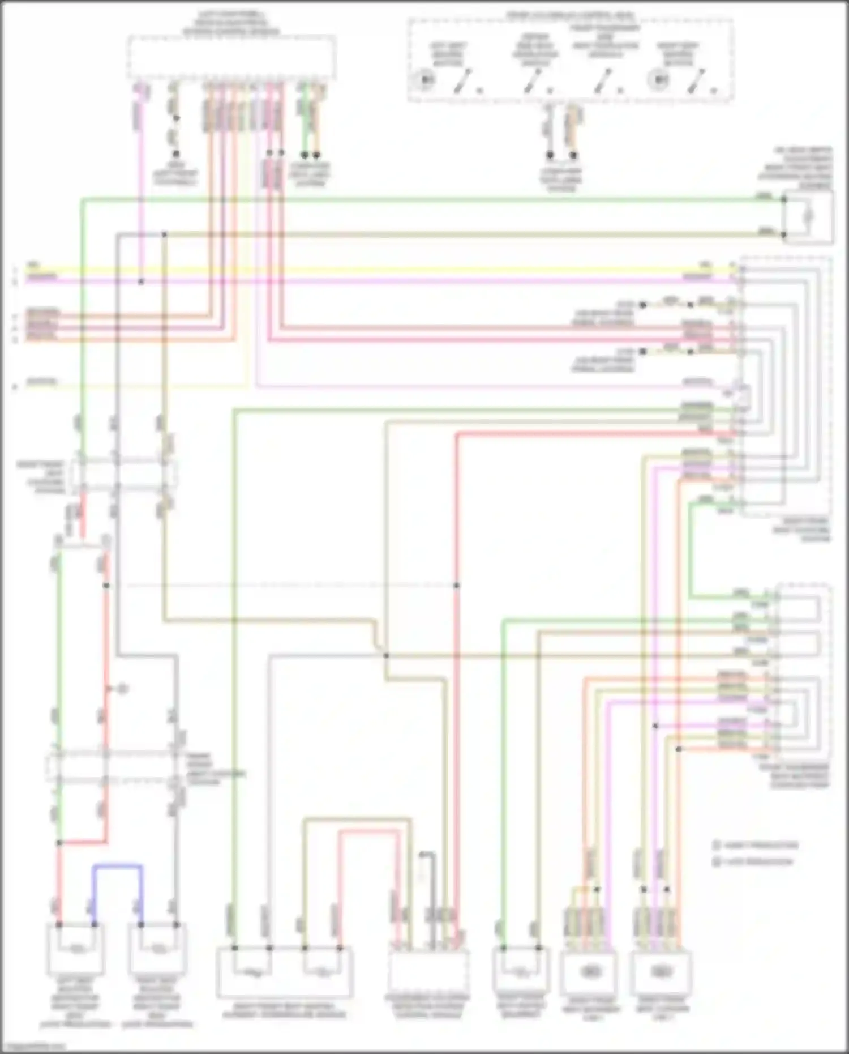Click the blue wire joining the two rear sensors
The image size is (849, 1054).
coord(117,866)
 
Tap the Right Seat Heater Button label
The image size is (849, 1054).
coord(678,54)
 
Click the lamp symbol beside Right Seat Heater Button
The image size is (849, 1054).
coord(659,79)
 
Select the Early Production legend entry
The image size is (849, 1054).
coord(756,846)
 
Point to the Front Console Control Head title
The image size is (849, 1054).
coord(571,16)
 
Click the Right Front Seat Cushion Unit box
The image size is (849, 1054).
coord(661,972)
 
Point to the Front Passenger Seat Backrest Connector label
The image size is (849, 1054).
coord(799,776)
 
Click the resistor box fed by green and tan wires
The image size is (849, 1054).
coord(808,217)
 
